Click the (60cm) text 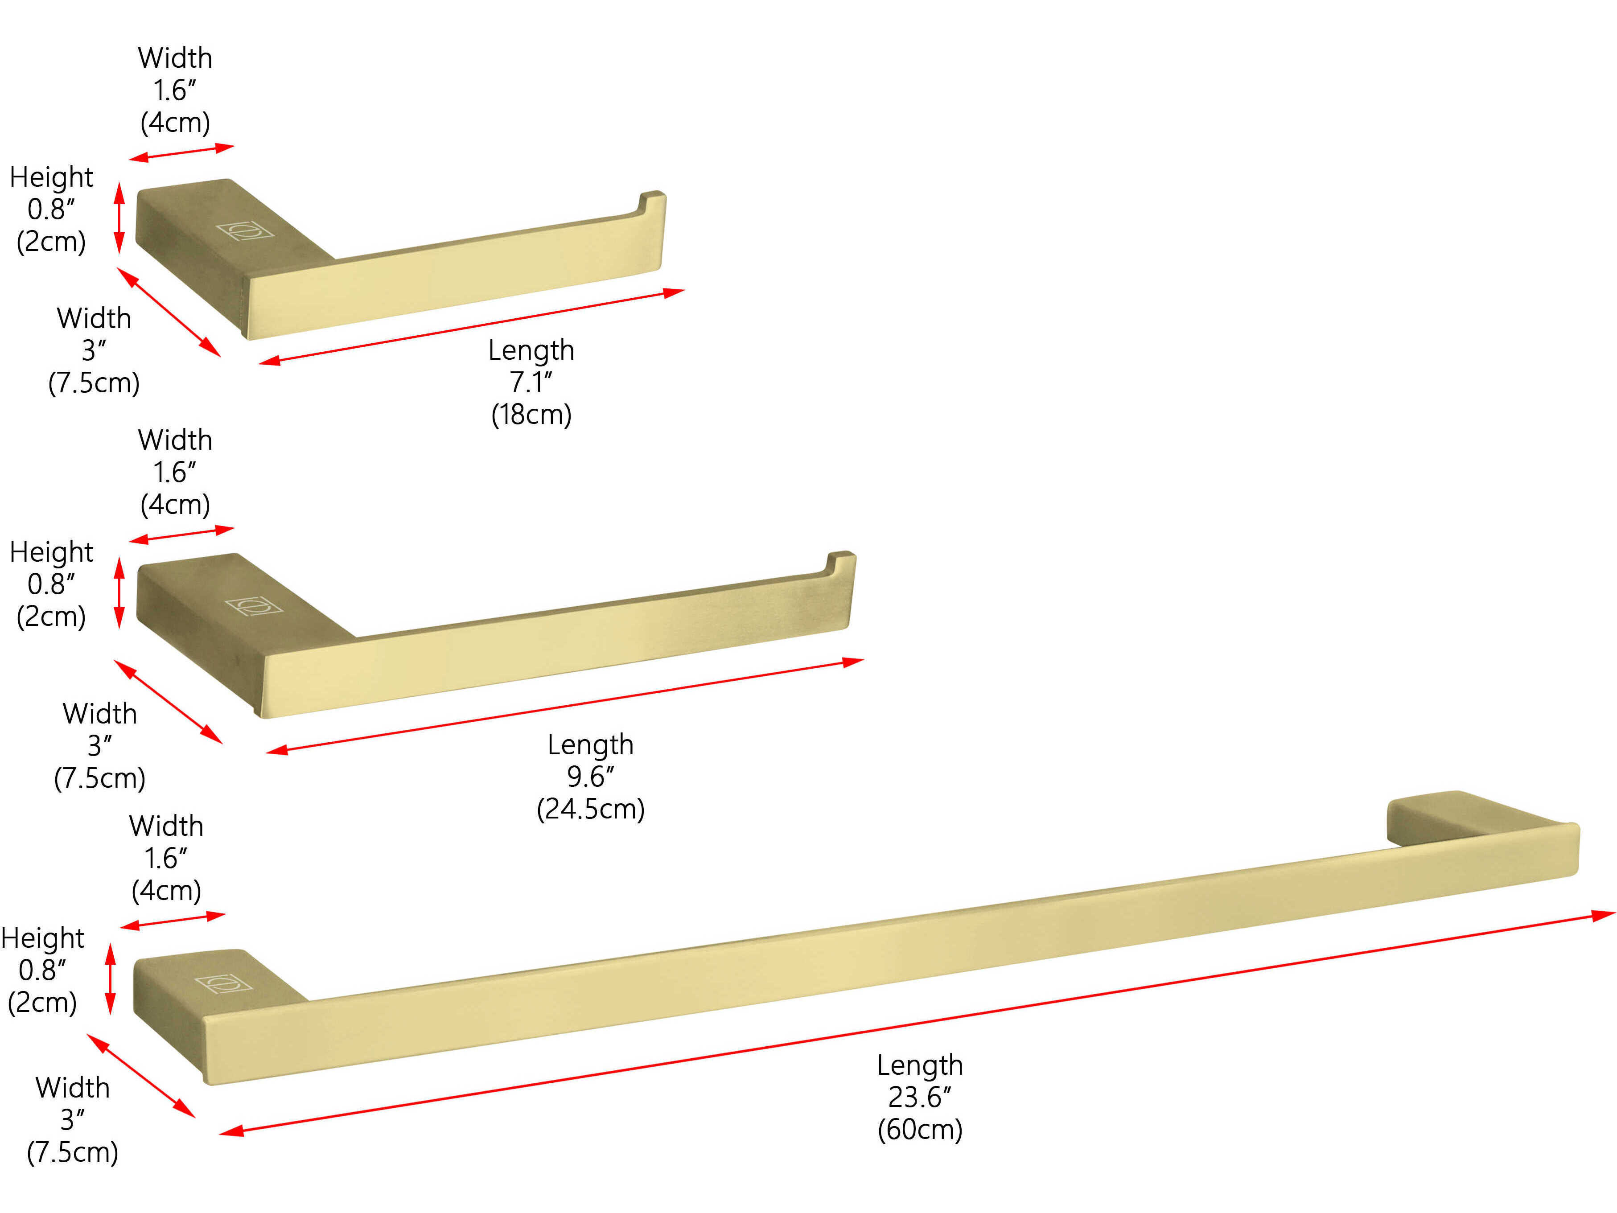(920, 1130)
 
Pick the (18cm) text (531, 415)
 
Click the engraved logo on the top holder (245, 231)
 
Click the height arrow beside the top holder (120, 218)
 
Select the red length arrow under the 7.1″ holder (472, 327)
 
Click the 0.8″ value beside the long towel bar (42, 970)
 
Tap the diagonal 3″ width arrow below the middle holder (168, 701)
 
